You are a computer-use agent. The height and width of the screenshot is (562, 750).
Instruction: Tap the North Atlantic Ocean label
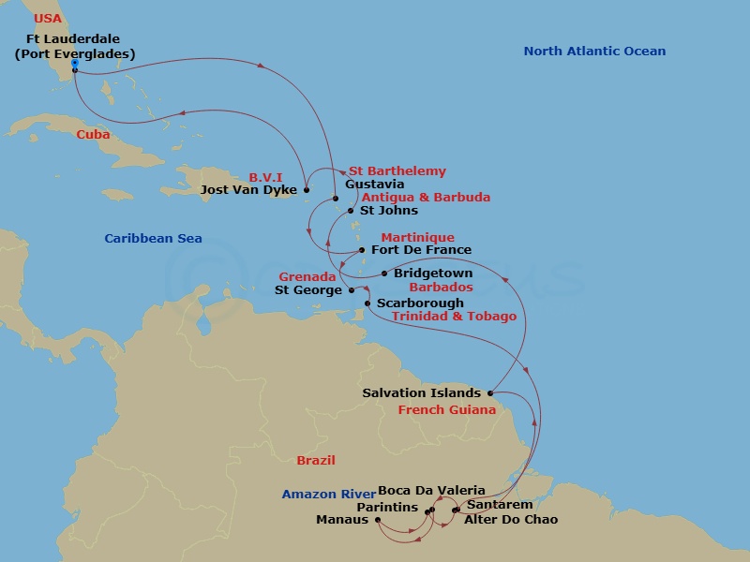(x=594, y=52)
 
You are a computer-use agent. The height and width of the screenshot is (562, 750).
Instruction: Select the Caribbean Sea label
(x=153, y=239)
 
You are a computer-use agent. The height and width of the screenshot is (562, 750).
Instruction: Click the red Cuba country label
(x=93, y=135)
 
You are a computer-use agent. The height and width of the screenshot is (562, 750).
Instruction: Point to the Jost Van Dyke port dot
(x=307, y=189)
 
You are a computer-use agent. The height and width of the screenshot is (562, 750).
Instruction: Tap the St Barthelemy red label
(x=397, y=171)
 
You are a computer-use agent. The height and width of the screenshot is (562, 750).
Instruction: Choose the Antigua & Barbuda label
(x=426, y=198)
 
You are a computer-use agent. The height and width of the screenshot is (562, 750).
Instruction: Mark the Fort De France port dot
(x=362, y=250)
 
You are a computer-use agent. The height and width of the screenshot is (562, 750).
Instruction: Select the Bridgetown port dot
(x=384, y=274)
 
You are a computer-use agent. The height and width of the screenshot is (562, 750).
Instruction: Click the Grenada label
(x=307, y=277)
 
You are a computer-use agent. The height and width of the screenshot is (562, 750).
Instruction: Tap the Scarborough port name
(x=420, y=303)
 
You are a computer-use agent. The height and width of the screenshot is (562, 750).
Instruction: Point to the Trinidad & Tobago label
(x=454, y=317)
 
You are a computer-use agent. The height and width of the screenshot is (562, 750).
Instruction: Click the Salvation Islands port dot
(x=490, y=393)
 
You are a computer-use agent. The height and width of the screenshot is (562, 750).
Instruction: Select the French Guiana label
(x=447, y=410)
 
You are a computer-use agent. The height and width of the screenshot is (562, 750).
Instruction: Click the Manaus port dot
(x=377, y=520)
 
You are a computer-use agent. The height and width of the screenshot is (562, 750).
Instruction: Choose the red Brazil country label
(x=316, y=461)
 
